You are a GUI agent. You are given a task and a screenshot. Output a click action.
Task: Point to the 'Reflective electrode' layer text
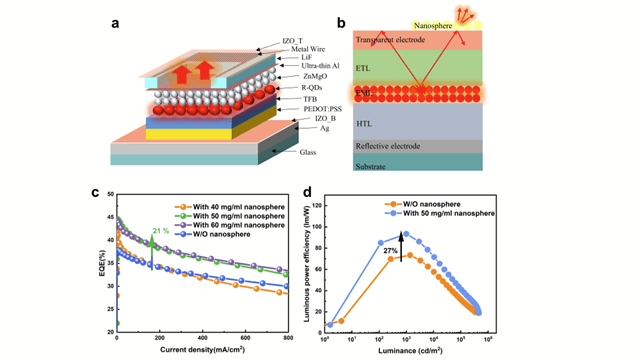pyautogui.click(x=394, y=145)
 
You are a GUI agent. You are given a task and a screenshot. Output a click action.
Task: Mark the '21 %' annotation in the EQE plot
pyautogui.click(x=159, y=231)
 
